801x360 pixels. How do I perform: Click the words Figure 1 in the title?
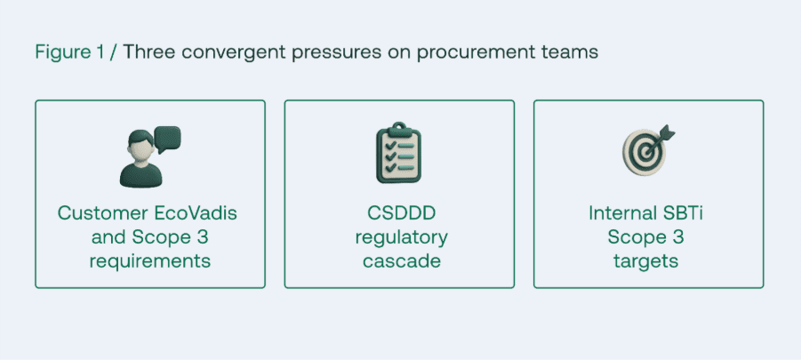(x=69, y=52)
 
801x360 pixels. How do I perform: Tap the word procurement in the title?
(x=477, y=52)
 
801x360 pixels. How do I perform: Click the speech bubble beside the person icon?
(x=167, y=139)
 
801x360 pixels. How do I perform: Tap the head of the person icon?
(x=141, y=145)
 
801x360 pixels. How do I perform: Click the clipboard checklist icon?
(x=399, y=152)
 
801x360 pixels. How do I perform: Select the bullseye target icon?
(x=645, y=152)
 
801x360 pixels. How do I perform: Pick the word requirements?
(x=150, y=261)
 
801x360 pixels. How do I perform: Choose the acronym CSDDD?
(x=402, y=213)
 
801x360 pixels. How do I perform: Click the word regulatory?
(x=402, y=238)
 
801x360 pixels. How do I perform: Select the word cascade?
(x=402, y=261)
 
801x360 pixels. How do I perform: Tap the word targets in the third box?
(x=645, y=262)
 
